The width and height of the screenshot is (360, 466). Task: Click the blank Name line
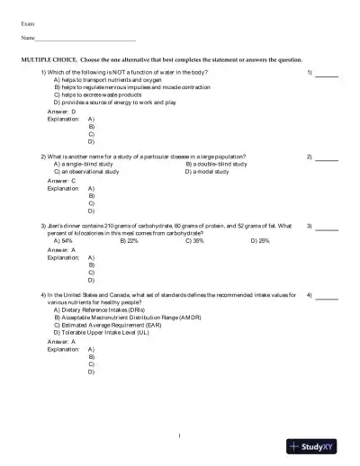click(x=85, y=40)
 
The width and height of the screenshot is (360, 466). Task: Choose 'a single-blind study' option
click(x=83, y=164)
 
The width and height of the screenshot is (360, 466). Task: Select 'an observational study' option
click(x=85, y=171)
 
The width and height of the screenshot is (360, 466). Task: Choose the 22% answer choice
click(x=129, y=240)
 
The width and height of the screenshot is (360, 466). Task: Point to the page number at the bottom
click(x=180, y=435)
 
